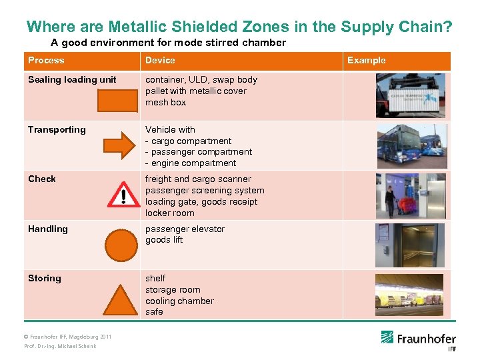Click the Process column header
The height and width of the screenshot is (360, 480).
tap(46, 61)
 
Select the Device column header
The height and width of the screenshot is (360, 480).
tap(160, 61)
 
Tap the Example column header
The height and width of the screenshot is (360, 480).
tap(366, 61)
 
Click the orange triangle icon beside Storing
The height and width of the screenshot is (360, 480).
tap(121, 299)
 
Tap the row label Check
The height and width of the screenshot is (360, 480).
tap(42, 179)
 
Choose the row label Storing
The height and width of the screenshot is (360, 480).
tap(45, 279)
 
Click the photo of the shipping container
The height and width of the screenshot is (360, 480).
tap(410, 95)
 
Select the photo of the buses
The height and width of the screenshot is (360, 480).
tap(410, 145)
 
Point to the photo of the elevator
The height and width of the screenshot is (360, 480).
tap(410, 245)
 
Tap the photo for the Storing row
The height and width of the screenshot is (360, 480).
tap(410, 295)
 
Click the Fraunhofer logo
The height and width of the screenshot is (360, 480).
tap(419, 339)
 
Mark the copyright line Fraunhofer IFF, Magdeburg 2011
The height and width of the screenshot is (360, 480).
tap(68, 337)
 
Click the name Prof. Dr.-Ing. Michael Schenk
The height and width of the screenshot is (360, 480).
tap(60, 346)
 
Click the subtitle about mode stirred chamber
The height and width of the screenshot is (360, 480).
tap(169, 43)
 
